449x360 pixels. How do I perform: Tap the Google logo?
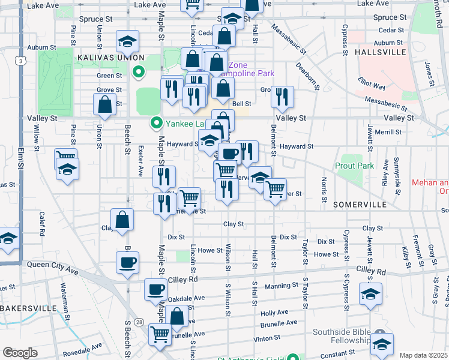[20, 353]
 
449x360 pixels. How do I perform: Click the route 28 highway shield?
[139, 322]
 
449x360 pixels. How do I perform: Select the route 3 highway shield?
[22, 61]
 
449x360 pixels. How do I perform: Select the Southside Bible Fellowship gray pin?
[379, 334]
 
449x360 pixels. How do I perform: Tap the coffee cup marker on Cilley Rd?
[156, 289]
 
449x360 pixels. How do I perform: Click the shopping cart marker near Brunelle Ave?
[160, 333]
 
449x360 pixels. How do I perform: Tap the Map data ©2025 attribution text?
[423, 355]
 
